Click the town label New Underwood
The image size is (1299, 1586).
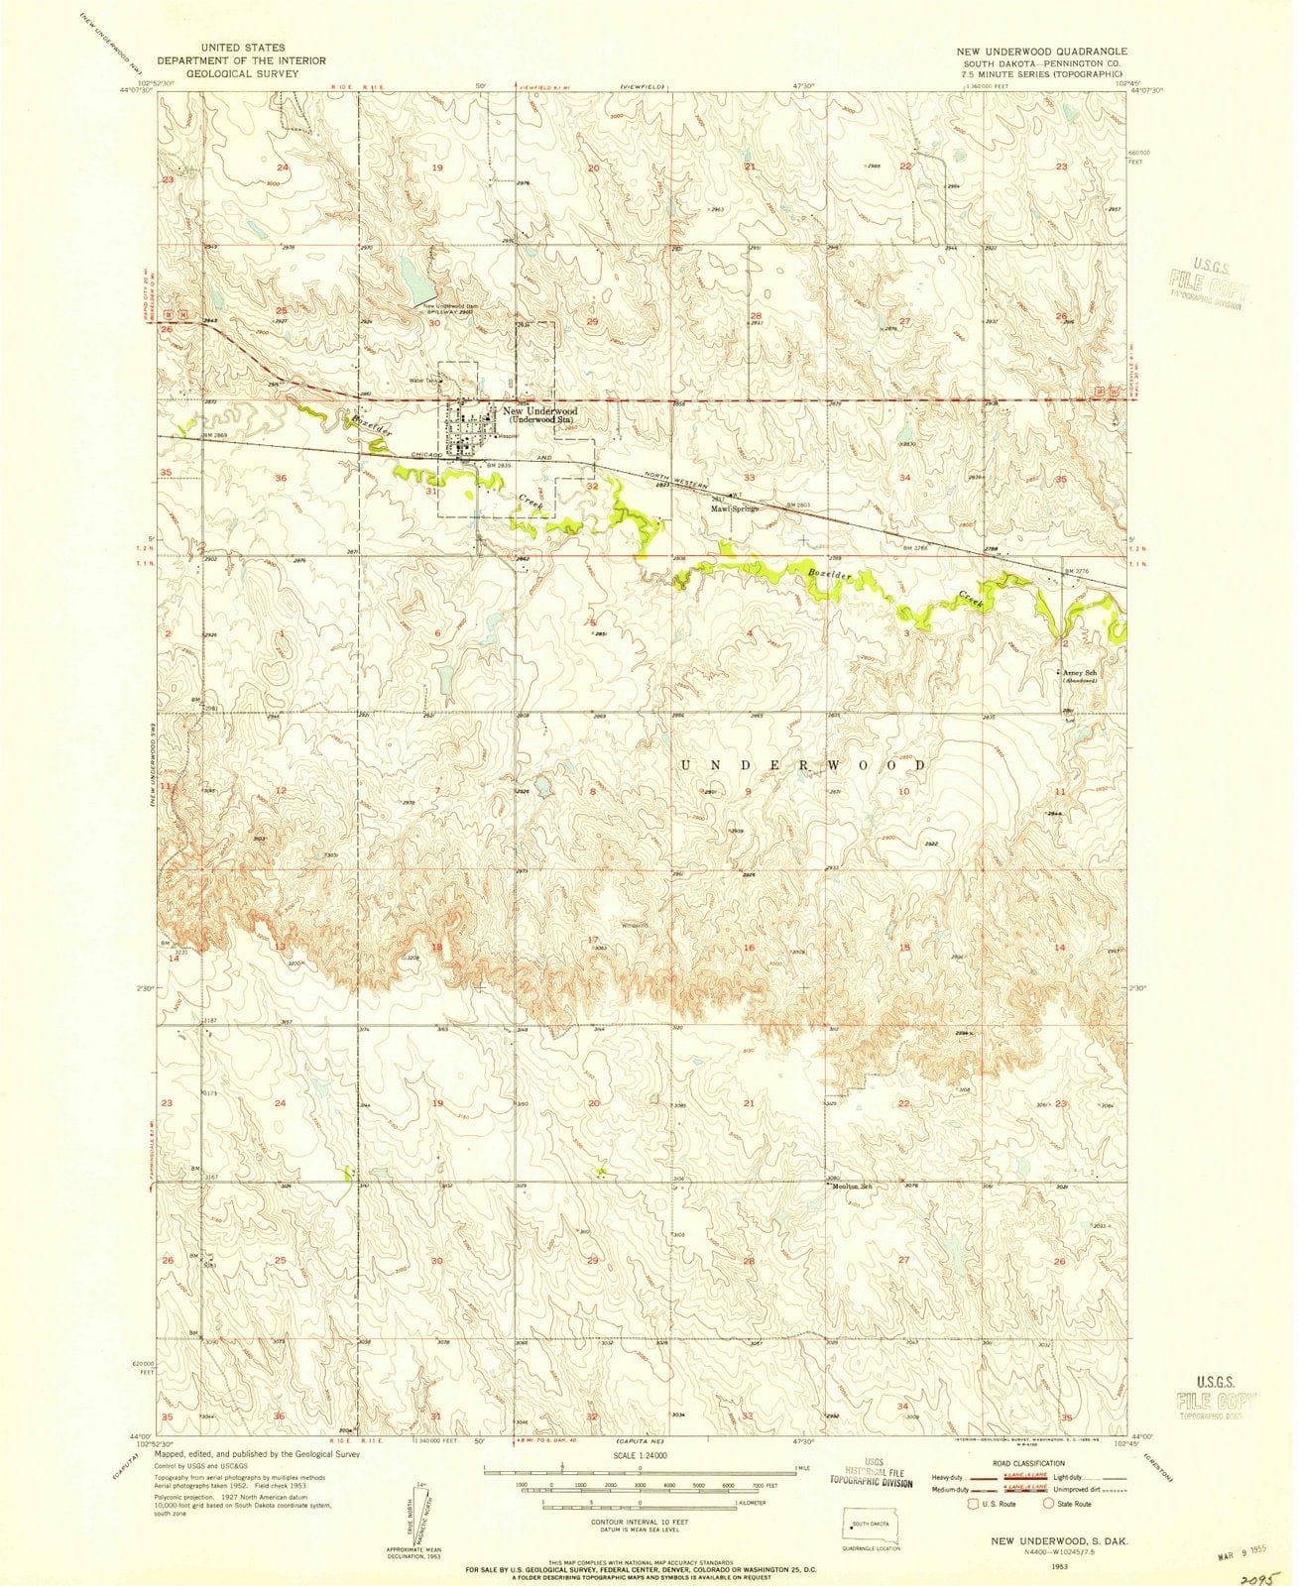[x=540, y=411]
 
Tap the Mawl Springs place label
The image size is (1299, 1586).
[x=734, y=509]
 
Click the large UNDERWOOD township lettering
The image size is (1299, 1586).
[x=805, y=765]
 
